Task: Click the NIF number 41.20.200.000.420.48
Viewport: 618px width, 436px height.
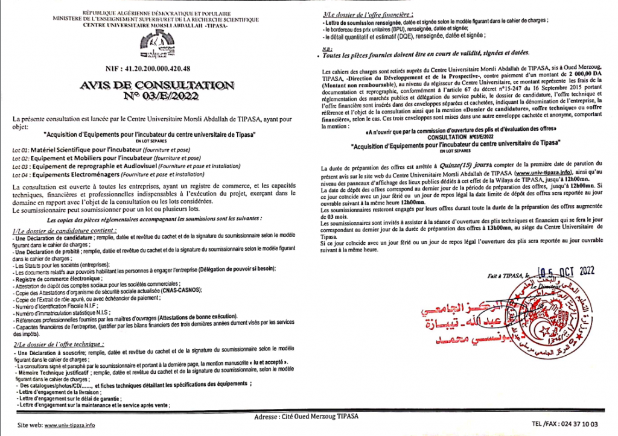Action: pyautogui.click(x=155, y=69)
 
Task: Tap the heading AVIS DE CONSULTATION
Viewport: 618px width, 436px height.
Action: pyautogui.click(x=155, y=86)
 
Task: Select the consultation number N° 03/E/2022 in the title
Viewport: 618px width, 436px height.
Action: pyautogui.click(x=155, y=96)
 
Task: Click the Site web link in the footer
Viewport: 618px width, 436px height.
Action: pyautogui.click(x=70, y=425)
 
